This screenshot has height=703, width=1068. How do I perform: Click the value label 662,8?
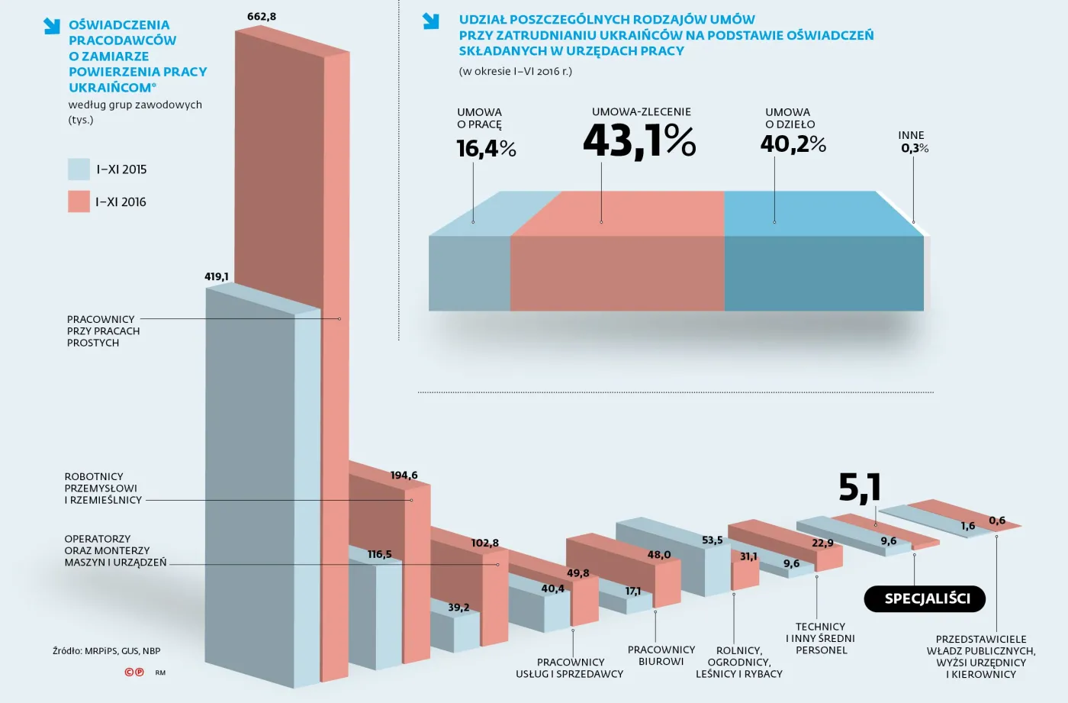[261, 17]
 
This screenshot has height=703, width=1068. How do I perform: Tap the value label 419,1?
[217, 276]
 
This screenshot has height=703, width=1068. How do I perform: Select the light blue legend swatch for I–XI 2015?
[79, 169]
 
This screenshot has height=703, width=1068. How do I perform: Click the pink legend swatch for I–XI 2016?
[79, 202]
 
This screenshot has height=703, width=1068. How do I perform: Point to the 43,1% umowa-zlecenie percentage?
[639, 141]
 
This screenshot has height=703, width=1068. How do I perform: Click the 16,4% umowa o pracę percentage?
[486, 148]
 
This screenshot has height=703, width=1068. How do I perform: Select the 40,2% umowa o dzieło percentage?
[793, 144]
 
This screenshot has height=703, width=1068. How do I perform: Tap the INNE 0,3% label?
[913, 142]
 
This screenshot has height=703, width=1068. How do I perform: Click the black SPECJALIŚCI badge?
[925, 599]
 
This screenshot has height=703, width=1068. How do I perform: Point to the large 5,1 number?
[860, 488]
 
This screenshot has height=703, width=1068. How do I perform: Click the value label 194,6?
[404, 476]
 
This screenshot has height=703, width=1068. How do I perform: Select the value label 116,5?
[379, 554]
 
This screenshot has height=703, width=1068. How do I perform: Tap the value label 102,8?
[484, 543]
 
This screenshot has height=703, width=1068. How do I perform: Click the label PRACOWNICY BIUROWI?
[661, 656]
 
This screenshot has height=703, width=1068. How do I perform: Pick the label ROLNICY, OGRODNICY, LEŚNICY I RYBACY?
[738, 662]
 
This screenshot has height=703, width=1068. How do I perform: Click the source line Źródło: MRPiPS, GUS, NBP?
[106, 651]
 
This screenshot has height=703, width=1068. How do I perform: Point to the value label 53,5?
[712, 540]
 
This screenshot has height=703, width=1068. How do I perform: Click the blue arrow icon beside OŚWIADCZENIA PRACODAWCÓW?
[51, 26]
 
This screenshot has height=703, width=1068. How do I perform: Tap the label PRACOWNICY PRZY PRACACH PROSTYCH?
[103, 331]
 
